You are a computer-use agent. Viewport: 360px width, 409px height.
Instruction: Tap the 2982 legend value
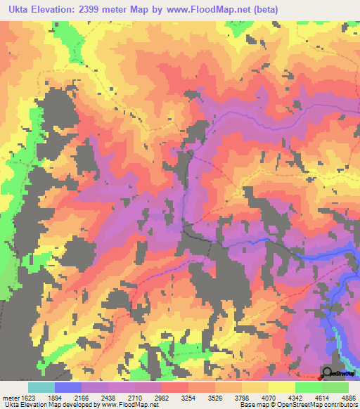161,397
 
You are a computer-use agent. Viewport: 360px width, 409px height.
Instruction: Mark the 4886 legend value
348,397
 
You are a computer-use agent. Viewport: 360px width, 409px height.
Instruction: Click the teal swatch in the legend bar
41,387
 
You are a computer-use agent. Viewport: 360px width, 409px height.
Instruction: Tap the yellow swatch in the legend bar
282,387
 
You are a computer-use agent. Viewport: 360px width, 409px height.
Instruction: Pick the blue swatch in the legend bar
68,387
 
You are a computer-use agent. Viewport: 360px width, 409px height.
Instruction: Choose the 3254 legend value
188,397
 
